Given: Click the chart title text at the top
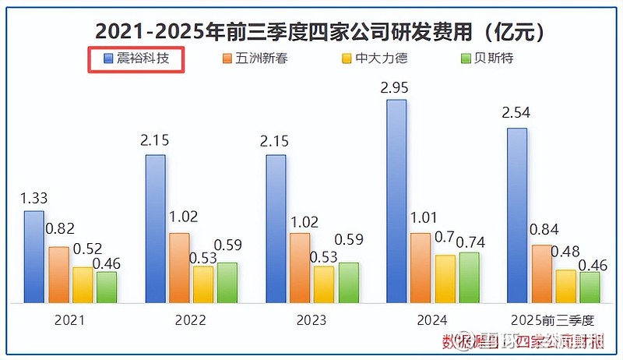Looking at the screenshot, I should [311, 31].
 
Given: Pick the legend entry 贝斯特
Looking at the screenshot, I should [487, 59].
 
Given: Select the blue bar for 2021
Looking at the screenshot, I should [33, 256].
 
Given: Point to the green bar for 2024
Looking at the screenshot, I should [469, 277].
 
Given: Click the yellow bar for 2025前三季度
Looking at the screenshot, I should [566, 286].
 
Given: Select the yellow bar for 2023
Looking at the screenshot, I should [323, 284].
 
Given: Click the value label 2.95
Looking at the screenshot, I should [394, 86].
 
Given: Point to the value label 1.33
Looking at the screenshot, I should [33, 197].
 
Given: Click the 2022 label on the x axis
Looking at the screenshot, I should [191, 320].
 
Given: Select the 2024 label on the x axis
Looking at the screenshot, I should [432, 320].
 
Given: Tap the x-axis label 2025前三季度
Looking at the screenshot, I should [553, 320].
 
